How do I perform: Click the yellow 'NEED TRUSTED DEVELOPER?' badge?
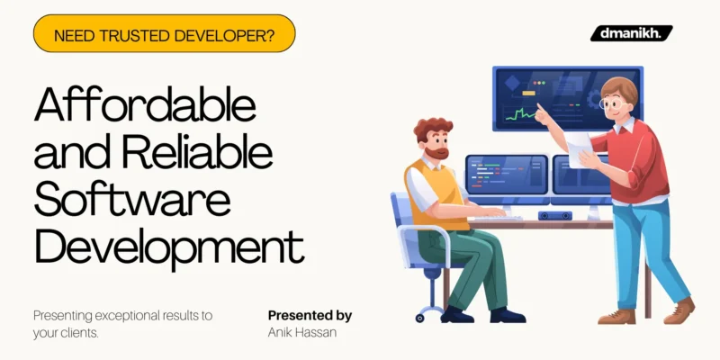point(164,33)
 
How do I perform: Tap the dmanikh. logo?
point(631,33)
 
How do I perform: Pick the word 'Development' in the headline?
point(169,245)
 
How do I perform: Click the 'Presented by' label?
point(310,316)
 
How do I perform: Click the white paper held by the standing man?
point(580,144)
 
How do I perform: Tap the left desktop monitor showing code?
point(506,173)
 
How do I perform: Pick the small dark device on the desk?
point(554,216)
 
